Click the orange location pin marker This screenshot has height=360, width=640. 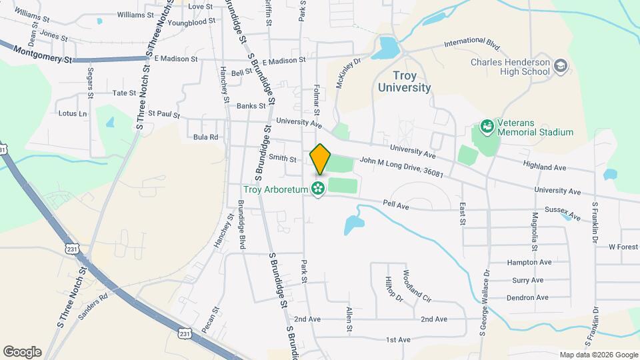320,159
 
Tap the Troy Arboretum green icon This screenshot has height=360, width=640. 318,189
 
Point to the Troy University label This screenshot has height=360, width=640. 404,81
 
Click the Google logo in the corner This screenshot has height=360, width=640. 22,352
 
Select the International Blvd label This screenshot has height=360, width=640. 472,45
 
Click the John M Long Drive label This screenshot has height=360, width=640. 401,167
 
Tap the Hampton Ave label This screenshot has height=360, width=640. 529,263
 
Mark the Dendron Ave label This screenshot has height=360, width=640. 527,297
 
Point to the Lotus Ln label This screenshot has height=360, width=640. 73,113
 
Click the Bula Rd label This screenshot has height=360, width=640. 205,137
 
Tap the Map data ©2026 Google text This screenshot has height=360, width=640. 598,355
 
